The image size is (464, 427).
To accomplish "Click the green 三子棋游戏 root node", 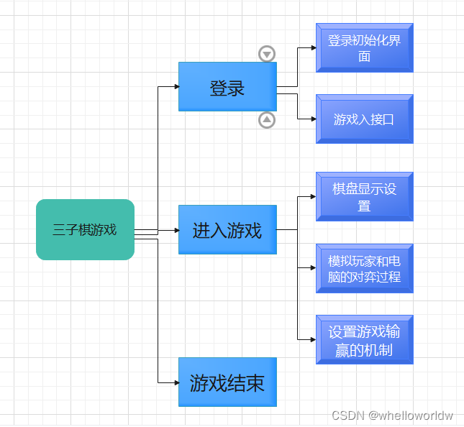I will pos(85,229).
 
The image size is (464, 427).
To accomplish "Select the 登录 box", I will pos(227,87).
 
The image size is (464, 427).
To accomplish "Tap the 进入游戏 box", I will pos(227,230).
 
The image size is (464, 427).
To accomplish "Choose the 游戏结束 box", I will pos(227,382).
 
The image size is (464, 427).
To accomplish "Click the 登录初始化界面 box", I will pos(364,48).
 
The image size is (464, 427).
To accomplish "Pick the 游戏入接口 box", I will pos(364,119).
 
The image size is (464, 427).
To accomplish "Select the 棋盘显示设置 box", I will pos(364,196).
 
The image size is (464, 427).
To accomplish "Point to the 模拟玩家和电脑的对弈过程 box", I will pos(364,268).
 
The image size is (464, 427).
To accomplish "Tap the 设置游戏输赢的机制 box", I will pos(364,340).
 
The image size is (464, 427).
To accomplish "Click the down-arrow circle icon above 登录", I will pos(267,54).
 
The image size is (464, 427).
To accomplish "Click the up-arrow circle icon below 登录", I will pos(267,120).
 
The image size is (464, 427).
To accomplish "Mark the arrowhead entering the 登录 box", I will pos(176,87).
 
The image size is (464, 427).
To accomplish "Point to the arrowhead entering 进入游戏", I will pos(176,230).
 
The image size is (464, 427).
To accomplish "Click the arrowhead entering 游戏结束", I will pos(176,382).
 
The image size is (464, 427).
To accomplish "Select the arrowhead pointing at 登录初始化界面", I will pos(313,48).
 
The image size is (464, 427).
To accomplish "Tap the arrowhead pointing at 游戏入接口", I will pos(313,119).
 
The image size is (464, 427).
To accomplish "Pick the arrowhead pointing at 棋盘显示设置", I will pos(313,196).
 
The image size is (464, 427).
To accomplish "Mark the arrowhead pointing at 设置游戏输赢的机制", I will pos(313,339).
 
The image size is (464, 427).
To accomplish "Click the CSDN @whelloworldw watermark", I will pos(392,415).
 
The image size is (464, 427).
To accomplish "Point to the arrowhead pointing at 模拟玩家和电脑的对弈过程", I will pos(313,268).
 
